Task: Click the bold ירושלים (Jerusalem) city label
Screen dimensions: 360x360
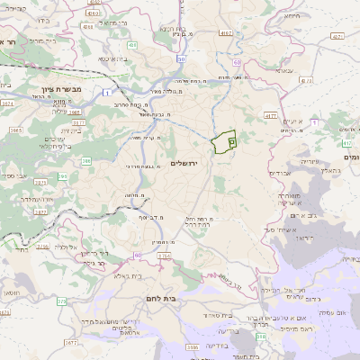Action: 184,163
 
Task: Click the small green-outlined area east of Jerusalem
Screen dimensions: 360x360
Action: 225,142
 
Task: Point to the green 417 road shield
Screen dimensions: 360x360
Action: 346,142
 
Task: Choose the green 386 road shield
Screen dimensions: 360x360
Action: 86,160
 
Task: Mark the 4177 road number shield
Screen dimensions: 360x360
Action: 271,114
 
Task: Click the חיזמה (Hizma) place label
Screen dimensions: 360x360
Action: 290,15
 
